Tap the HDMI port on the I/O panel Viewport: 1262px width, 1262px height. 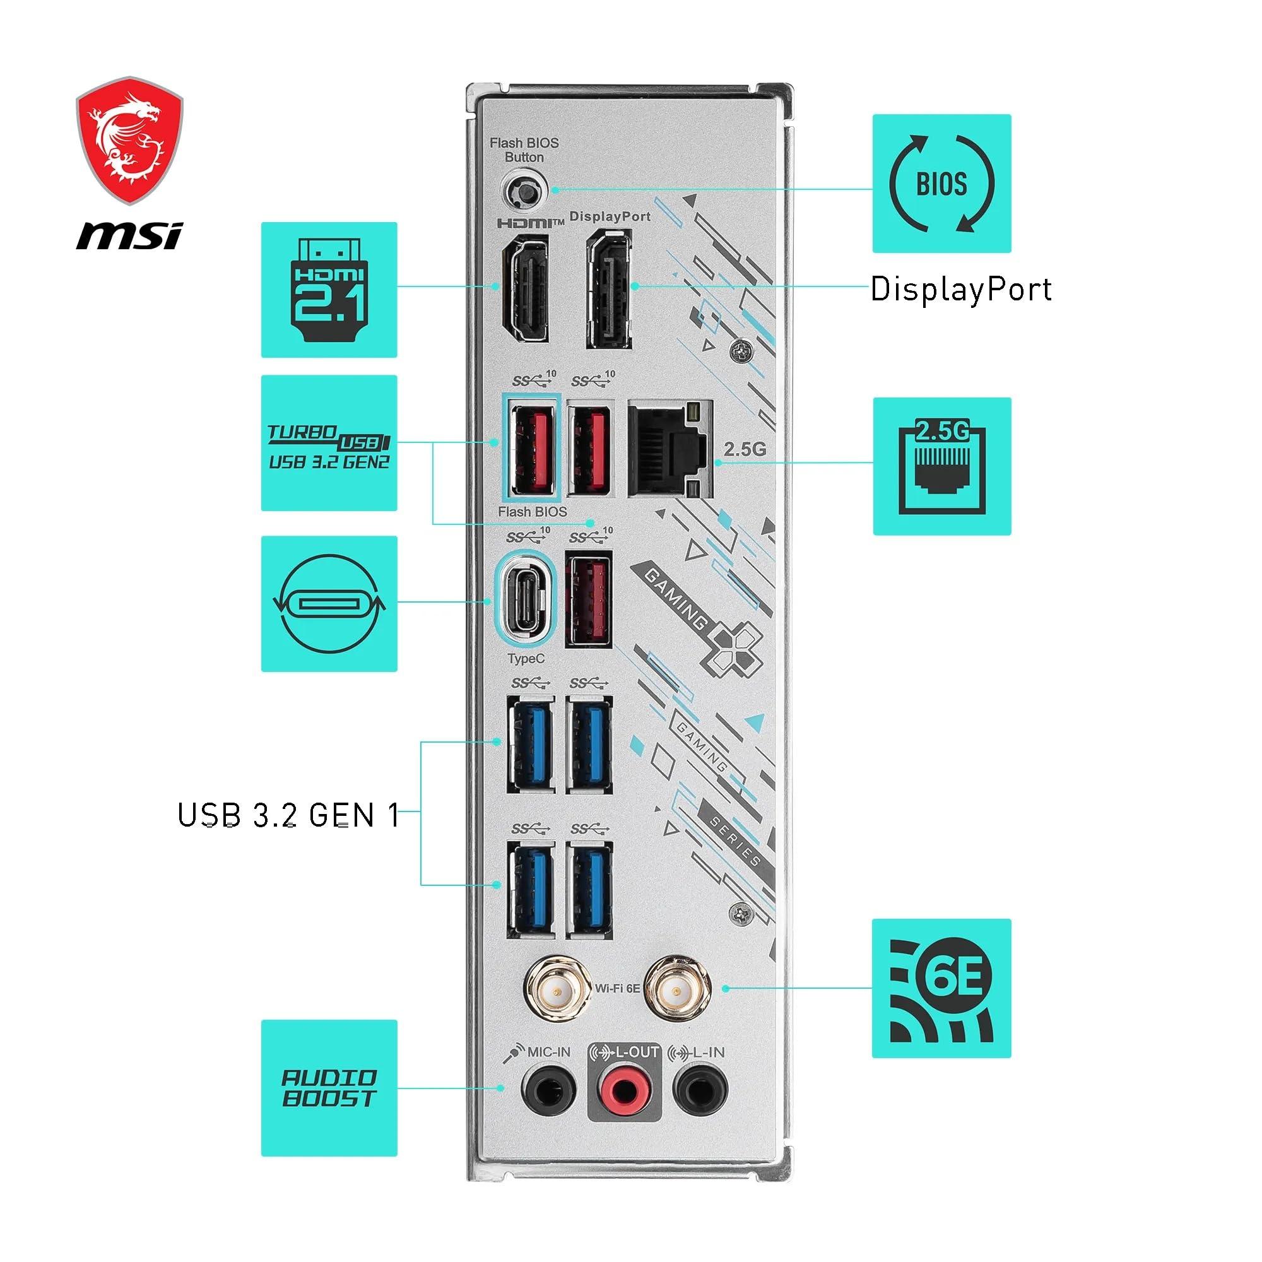coord(524,286)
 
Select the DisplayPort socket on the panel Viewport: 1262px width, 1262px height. coord(609,287)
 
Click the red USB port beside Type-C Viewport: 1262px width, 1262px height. coord(589,599)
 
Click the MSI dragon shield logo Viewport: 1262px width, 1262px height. coord(129,138)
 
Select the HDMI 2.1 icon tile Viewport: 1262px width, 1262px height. coord(329,290)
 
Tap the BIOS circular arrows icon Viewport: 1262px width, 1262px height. coord(941,184)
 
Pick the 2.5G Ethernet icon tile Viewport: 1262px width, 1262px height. coord(941,466)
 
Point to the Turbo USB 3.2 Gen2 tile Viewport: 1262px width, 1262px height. coord(329,443)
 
